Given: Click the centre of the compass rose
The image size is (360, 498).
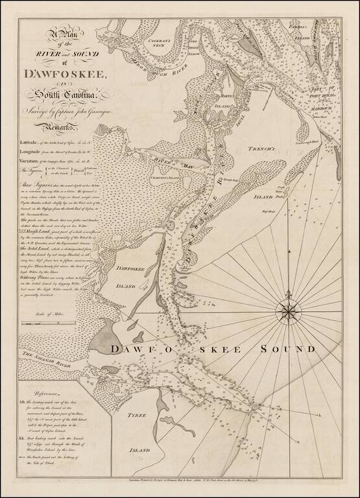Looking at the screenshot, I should coord(285,313).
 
